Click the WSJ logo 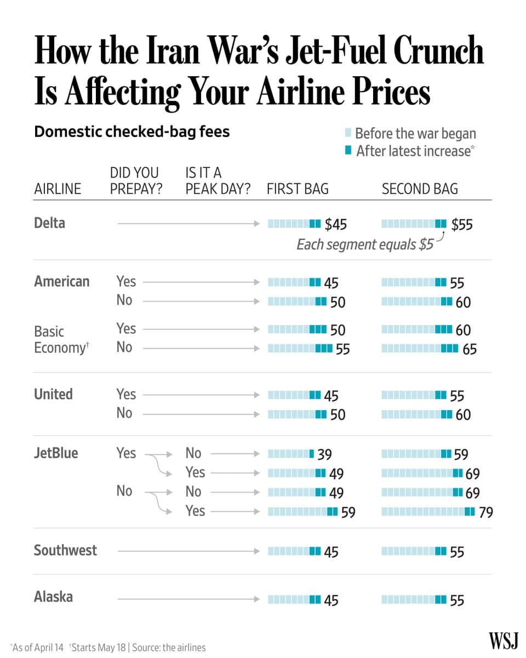click(503, 640)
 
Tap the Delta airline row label click(49, 223)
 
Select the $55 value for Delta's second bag click(462, 224)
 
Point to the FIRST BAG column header click(298, 189)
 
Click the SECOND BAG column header click(420, 189)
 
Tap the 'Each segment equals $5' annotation click(365, 245)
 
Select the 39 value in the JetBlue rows click(324, 455)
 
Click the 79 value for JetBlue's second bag click(485, 512)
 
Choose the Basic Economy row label click(59, 339)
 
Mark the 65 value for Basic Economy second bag click(470, 349)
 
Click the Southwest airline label click(65, 550)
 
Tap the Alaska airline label click(53, 597)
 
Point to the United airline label click(53, 394)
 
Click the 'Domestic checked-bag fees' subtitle click(131, 132)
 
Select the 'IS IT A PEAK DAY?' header click(218, 181)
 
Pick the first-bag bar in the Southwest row click(294, 551)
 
